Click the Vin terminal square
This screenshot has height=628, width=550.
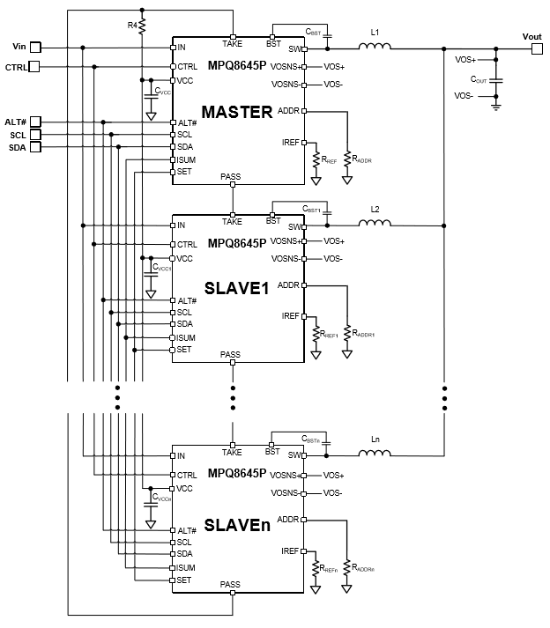35,48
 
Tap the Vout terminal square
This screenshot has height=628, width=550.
537,48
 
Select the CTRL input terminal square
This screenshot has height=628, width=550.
34,66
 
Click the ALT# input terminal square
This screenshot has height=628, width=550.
35,122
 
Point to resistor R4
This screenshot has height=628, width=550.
142,26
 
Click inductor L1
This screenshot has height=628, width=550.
375,46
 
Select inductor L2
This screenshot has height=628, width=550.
375,223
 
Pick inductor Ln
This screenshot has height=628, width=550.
375,453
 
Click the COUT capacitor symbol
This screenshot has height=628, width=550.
496,80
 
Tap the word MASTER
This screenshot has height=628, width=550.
237,112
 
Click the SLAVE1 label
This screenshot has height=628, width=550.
236,288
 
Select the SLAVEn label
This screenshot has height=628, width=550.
237,525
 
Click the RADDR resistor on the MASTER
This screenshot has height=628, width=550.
347,159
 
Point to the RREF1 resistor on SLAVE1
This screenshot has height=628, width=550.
316,334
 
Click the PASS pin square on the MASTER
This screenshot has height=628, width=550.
233,185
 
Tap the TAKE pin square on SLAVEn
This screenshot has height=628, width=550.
233,445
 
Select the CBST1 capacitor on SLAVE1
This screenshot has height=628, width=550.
327,212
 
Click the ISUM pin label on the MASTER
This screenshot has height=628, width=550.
186,159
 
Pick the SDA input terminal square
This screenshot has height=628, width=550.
35,147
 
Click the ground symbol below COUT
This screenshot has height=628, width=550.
496,107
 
